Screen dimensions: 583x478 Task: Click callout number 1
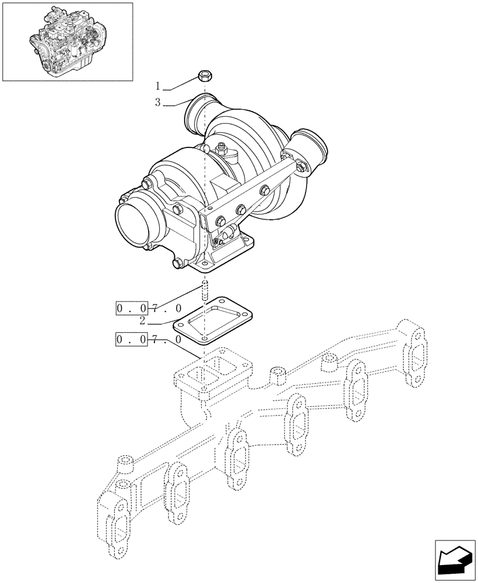(158, 86)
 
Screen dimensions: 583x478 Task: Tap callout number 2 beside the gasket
(142, 320)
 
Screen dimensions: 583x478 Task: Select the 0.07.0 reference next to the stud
(149, 308)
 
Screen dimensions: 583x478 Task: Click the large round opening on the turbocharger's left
(136, 221)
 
